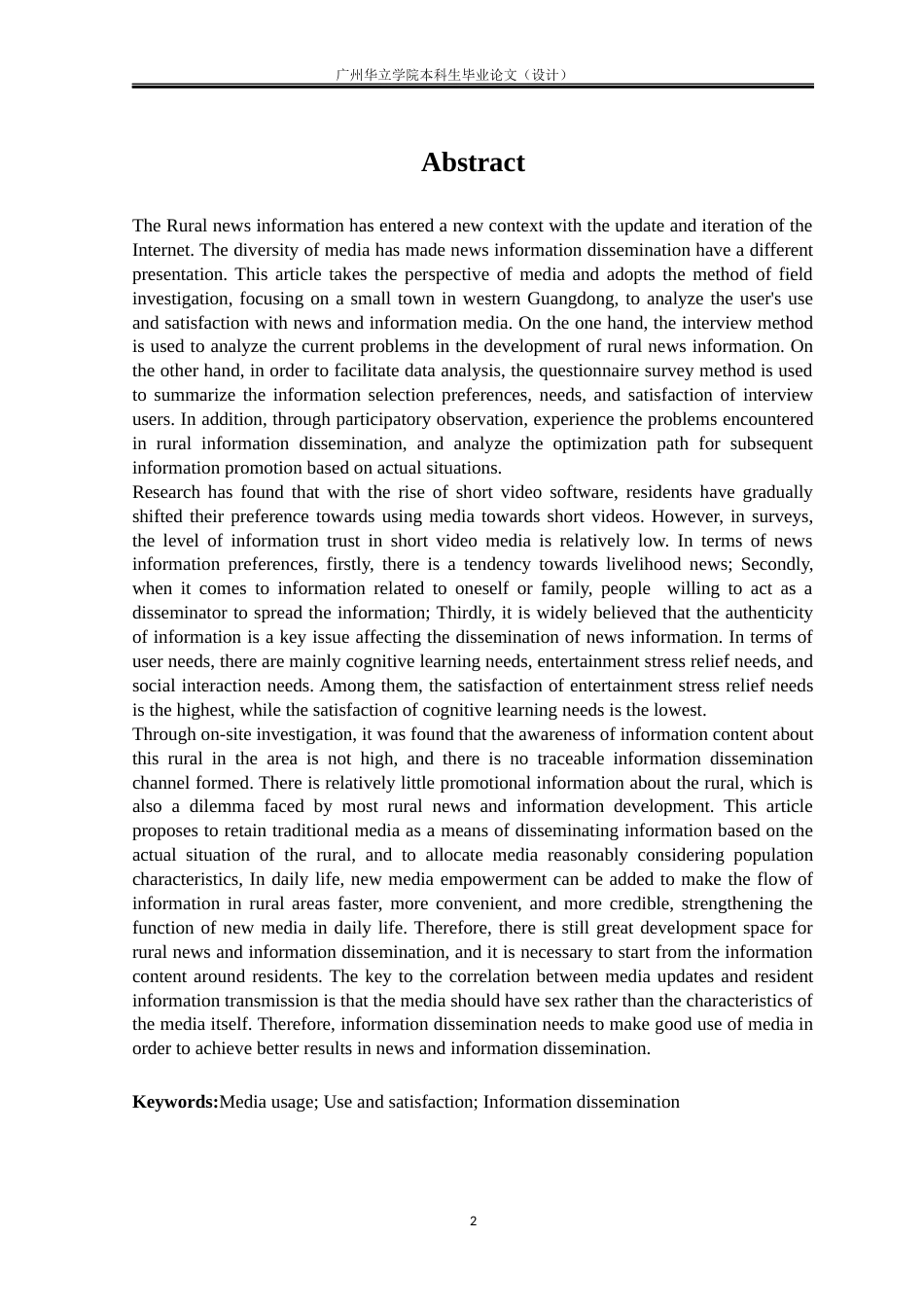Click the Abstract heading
pyautogui.click(x=473, y=162)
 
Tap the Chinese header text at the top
pyautogui.click(x=450, y=74)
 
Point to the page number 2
pyautogui.click(x=474, y=1221)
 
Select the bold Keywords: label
pyautogui.click(x=175, y=1102)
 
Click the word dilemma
pyautogui.click(x=222, y=806)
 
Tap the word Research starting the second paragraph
pyautogui.click(x=166, y=492)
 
